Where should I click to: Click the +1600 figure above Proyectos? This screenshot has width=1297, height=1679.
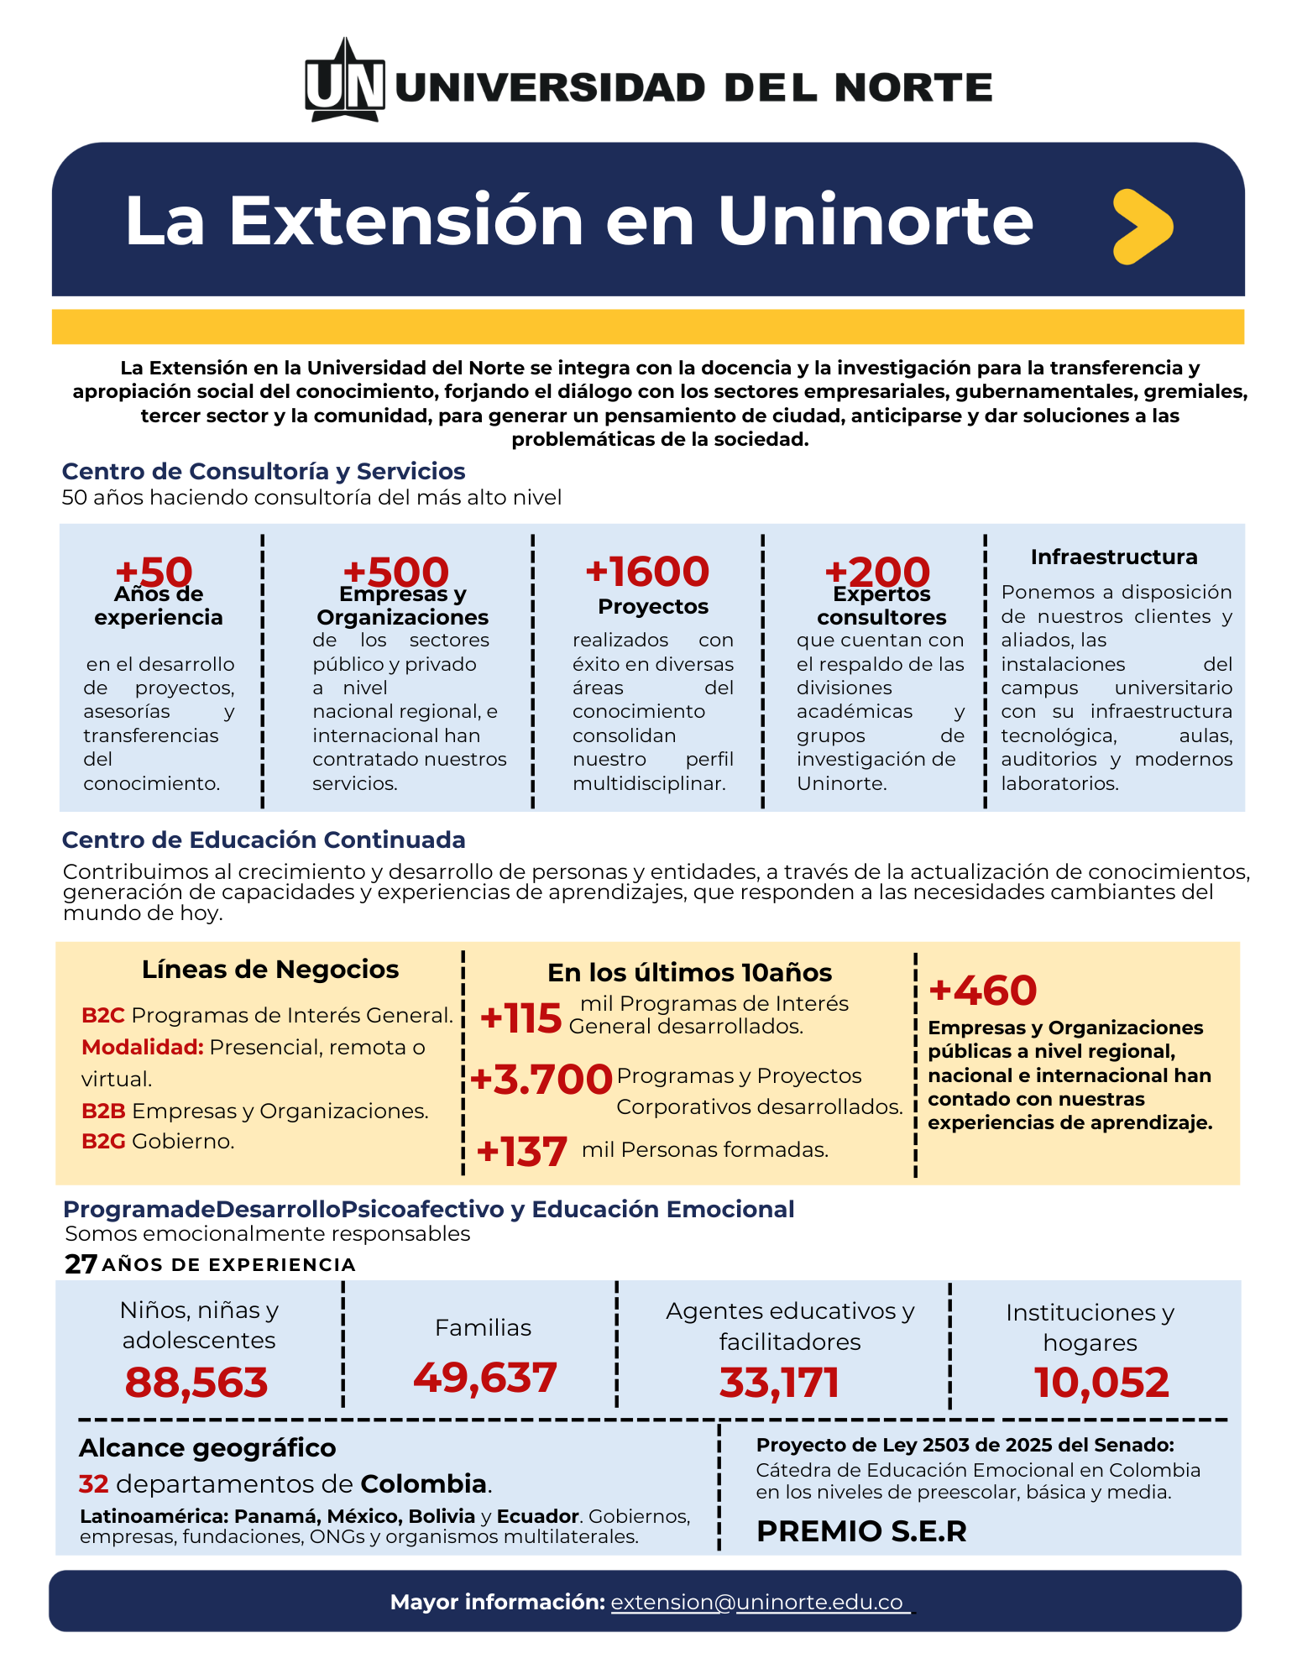coord(647,572)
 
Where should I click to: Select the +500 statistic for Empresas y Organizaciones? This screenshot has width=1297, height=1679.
coord(395,572)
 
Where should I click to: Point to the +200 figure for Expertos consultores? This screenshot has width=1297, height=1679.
coord(877,572)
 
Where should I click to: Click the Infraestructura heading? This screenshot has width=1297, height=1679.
coord(1113,557)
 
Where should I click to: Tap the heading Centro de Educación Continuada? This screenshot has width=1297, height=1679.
coord(264,839)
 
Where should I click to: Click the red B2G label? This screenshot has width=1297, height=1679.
coord(103,1141)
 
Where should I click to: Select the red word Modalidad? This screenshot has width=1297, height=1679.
coord(142,1047)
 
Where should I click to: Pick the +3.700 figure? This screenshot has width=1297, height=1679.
coord(541,1080)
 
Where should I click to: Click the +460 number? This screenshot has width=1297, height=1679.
coord(983,991)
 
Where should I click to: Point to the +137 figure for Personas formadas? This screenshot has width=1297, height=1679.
coord(521,1151)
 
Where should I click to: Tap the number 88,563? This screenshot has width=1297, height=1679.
coord(196,1383)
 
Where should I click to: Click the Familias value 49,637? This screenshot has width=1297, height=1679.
coord(485,1378)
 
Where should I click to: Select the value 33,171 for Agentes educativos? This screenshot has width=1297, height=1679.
coord(779,1383)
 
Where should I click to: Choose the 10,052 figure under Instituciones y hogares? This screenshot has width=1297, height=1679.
coord(1101,1383)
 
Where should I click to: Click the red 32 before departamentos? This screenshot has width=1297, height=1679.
coord(94,1484)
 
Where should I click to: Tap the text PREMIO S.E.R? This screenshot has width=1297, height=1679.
coord(861,1531)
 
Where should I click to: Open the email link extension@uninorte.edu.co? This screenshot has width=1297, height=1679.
coord(757,1602)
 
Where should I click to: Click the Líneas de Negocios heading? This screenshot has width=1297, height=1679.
coord(270,970)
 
